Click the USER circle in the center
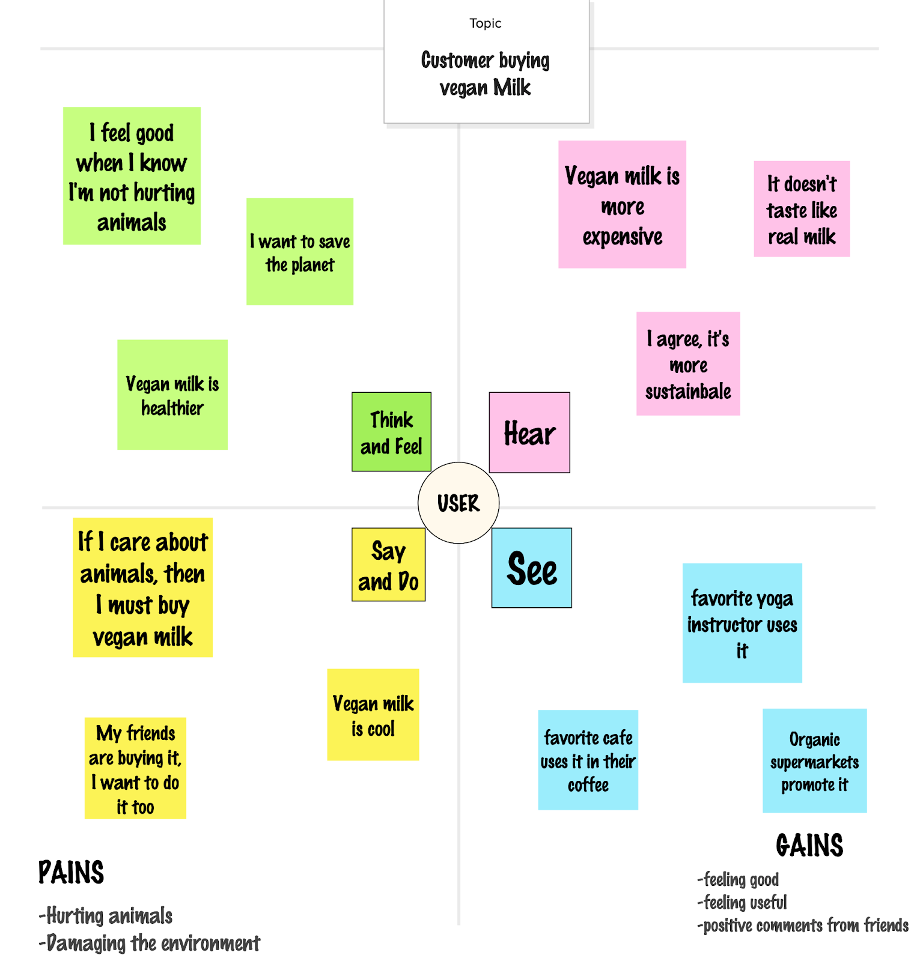[x=458, y=503]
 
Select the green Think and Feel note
[x=391, y=432]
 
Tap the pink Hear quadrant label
[x=529, y=432]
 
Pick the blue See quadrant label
[x=531, y=568]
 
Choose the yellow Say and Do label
[x=388, y=565]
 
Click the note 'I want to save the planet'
[x=300, y=252]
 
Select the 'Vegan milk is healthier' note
[x=172, y=395]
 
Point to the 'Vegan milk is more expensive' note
[x=622, y=204]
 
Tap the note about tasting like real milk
[x=802, y=209]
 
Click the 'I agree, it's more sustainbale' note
[x=688, y=363]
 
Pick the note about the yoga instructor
[x=742, y=623]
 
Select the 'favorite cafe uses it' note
[x=588, y=760]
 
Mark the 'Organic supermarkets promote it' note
[x=814, y=760]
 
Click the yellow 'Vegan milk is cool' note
[x=373, y=715]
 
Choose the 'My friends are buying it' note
[x=135, y=768]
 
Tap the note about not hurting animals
[x=132, y=176]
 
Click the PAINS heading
[x=71, y=872]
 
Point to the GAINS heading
[x=809, y=845]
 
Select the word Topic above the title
[x=486, y=23]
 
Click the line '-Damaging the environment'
[x=150, y=943]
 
